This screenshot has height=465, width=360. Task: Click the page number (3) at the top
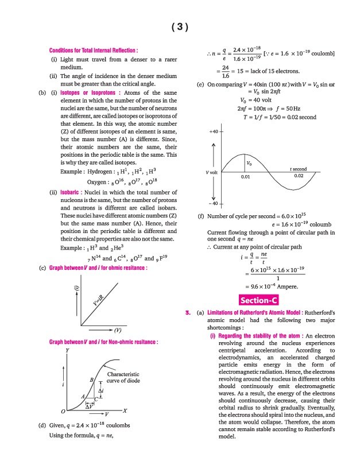pyautogui.click(x=180, y=27)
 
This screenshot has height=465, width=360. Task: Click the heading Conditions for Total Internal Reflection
pyautogui.click(x=94, y=51)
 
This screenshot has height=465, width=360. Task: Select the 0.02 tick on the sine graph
pyautogui.click(x=299, y=176)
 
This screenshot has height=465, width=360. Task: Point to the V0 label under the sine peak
pyautogui.click(x=249, y=163)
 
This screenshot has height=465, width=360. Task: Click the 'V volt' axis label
pyautogui.click(x=212, y=172)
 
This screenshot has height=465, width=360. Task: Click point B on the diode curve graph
pyautogui.click(x=92, y=380)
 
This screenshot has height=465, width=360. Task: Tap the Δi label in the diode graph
pyautogui.click(x=101, y=390)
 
